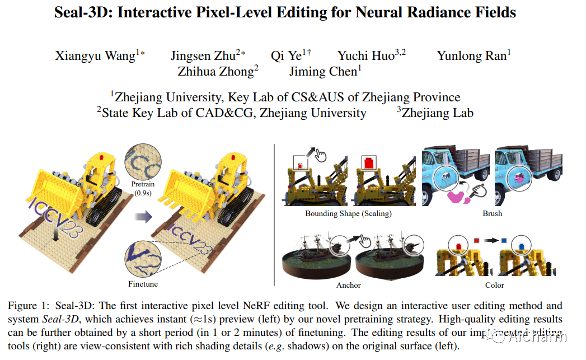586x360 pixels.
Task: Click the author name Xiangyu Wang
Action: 95,56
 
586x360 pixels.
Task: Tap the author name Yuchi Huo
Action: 366,56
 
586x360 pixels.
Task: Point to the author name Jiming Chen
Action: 324,72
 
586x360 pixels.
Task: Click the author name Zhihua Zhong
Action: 216,72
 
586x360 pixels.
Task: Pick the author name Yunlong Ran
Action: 471,56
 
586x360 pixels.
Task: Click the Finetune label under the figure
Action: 143,284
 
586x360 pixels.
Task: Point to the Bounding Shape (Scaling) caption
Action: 348,214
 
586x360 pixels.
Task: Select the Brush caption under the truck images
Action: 492,214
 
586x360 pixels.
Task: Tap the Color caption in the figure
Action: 494,285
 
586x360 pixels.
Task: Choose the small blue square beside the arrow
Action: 504,240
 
